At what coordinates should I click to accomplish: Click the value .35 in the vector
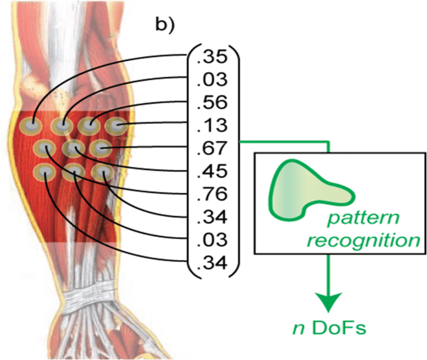pos(212,57)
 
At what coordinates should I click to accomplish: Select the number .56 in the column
pos(212,103)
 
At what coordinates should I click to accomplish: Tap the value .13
pos(212,126)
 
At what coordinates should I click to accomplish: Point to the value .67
pos(212,149)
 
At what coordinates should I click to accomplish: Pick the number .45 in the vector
pos(212,171)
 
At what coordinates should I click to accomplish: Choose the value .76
pos(212,194)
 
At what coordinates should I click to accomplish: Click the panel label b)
pos(165,25)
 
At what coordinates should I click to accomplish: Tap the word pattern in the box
pos(363,218)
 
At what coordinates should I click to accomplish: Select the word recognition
pos(363,241)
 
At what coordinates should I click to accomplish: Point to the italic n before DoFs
pos(299,329)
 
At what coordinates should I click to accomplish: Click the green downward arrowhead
pos(328,302)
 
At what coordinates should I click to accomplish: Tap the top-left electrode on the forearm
pos(30,126)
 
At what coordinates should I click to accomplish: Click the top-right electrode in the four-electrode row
pos(116,126)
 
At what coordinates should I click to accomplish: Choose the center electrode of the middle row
pos(74,149)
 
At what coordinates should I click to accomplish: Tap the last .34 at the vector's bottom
pos(212,263)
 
